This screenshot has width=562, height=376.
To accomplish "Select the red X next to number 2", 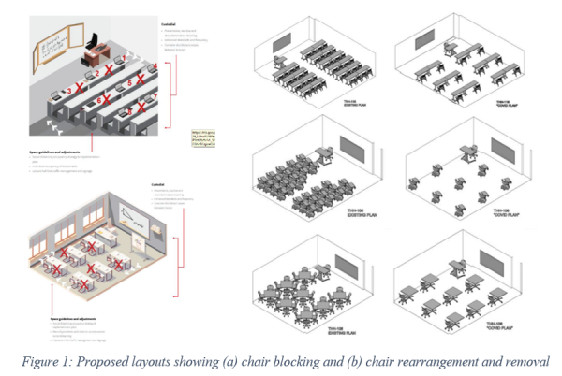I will click(x=108, y=70).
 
